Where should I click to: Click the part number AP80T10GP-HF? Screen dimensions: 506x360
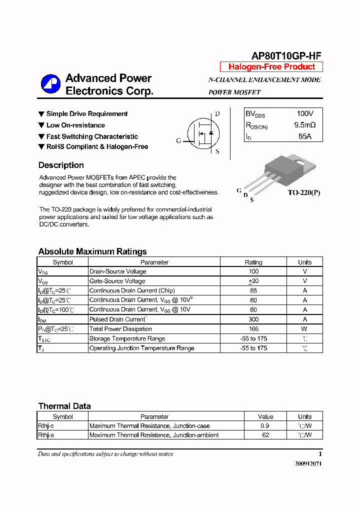285,56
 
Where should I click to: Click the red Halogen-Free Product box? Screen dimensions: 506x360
271,67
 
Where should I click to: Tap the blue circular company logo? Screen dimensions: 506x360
50,84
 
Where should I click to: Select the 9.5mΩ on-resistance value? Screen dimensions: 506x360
304,125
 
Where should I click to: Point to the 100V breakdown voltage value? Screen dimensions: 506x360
304,114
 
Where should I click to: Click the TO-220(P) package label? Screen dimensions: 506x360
303,192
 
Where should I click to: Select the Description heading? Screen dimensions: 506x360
61,165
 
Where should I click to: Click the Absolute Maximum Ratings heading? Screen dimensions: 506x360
92,251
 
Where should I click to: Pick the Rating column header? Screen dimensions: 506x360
253,262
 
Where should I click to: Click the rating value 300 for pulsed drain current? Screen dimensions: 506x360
253,319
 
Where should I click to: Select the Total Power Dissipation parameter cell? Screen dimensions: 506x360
120,329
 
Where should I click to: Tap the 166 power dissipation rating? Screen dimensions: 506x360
253,329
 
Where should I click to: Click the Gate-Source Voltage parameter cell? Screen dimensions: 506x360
117,281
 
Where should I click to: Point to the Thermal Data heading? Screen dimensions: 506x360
64,406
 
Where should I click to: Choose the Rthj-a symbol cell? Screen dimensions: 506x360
46,435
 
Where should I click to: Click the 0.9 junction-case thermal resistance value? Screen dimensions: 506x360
265,426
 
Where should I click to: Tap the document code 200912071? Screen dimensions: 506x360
308,464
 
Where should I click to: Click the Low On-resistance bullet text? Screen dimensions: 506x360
75,125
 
